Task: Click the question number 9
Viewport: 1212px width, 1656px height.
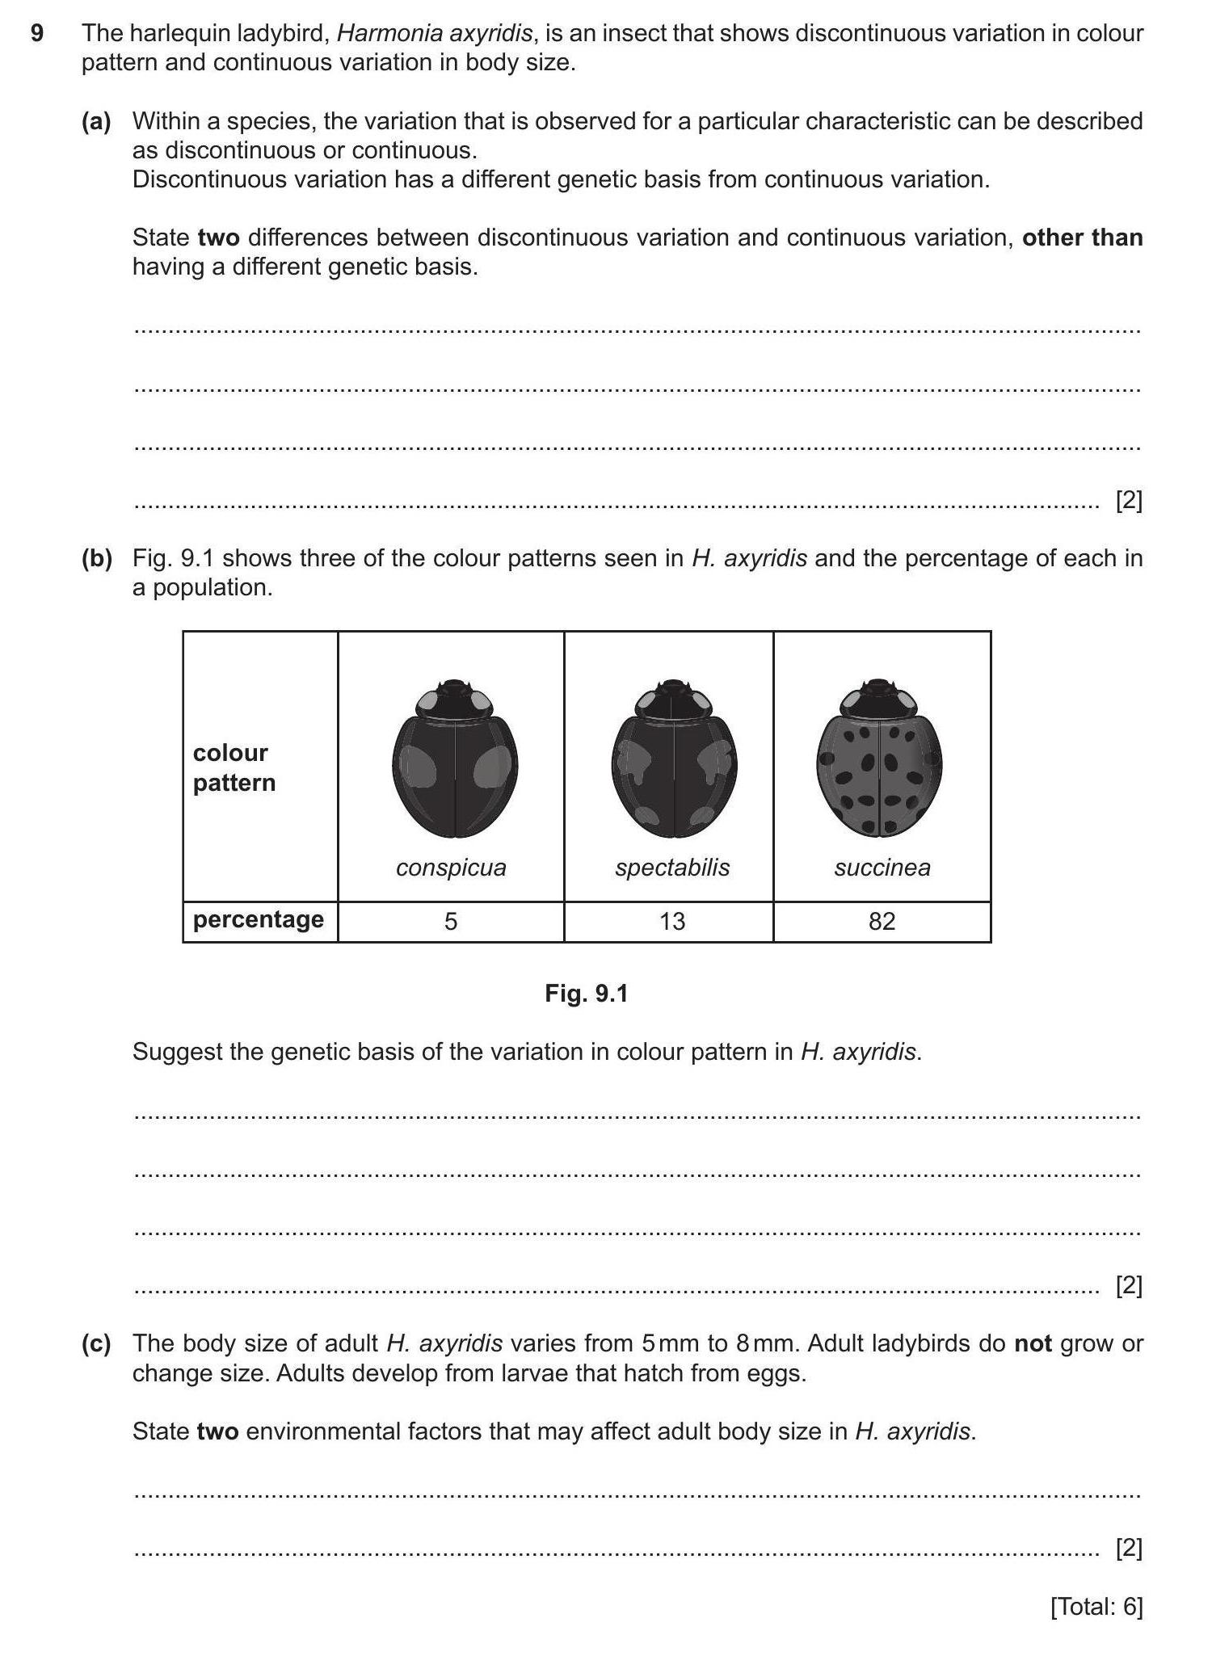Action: (36, 34)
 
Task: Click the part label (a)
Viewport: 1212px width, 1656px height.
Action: (96, 122)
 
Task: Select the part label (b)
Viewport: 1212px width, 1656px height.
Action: (96, 559)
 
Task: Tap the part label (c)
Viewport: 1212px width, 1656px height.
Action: (96, 1344)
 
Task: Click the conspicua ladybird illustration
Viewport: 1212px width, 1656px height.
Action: (455, 759)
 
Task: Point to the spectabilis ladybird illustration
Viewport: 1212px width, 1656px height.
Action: (674, 759)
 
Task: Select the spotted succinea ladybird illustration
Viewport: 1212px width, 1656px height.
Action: (879, 759)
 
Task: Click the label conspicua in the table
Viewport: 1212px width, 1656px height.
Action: (451, 868)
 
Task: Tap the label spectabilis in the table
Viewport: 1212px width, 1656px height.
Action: (672, 868)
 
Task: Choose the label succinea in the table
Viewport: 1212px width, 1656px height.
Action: (882, 868)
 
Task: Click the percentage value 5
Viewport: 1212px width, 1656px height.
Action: (451, 922)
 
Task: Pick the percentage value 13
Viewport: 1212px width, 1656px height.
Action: (672, 922)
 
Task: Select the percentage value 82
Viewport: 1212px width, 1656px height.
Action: (882, 922)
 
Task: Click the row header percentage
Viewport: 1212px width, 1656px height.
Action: (259, 920)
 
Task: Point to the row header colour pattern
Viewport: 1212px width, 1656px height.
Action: (234, 768)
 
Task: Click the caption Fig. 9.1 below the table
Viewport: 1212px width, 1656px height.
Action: (587, 994)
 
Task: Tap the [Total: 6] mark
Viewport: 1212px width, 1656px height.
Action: (1096, 1608)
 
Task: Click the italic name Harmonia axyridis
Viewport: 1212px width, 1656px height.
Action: (435, 34)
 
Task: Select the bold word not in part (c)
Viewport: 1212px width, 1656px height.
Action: (1033, 1344)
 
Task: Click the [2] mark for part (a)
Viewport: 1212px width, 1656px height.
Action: (1129, 502)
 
